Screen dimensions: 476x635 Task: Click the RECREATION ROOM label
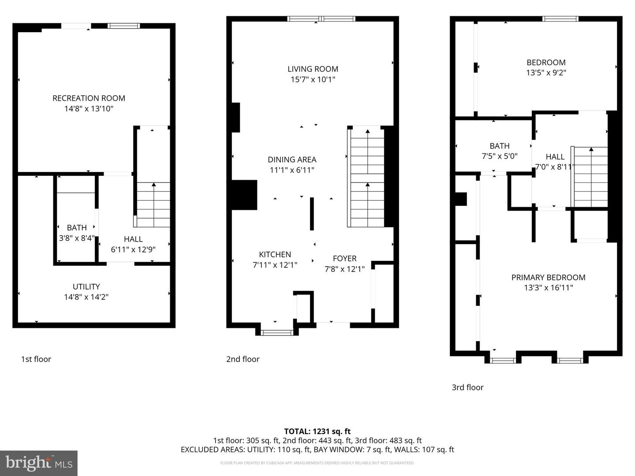point(89,98)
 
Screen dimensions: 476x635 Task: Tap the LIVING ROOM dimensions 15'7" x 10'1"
point(313,80)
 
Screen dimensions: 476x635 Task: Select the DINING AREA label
point(292,160)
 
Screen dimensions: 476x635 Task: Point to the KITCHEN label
point(275,254)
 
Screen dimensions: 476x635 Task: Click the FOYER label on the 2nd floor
point(344,258)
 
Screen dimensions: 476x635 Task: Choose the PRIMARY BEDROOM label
point(548,277)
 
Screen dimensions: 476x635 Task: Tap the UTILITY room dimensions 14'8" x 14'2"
point(86,297)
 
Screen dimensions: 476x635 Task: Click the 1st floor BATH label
point(77,227)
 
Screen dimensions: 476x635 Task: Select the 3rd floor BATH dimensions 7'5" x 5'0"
point(499,156)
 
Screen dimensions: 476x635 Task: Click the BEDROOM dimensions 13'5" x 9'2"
point(546,73)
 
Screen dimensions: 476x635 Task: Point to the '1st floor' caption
point(36,359)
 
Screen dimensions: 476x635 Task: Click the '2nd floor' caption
point(243,359)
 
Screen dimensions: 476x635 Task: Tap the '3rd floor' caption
point(467,387)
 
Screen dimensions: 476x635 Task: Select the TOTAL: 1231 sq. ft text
point(317,431)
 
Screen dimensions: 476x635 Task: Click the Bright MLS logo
point(39,463)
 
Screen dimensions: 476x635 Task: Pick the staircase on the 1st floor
point(153,205)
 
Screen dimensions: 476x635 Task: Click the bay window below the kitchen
point(277,332)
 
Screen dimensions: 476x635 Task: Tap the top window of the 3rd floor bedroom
point(560,19)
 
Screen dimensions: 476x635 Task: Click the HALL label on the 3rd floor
point(555,156)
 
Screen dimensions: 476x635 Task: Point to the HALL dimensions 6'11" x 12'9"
point(133,249)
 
